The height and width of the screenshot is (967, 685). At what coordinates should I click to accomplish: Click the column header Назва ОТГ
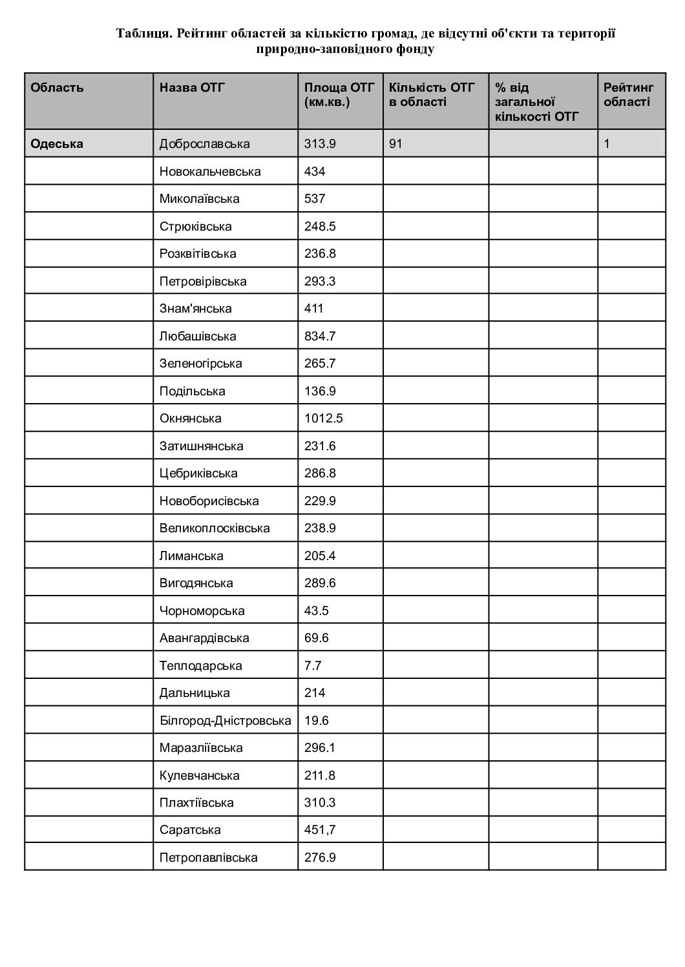click(192, 88)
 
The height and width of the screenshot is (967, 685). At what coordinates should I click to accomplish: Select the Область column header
click(57, 88)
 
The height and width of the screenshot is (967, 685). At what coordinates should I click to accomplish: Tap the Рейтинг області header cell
click(628, 95)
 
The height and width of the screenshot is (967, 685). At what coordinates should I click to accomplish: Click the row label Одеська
click(57, 144)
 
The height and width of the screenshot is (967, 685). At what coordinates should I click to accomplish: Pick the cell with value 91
click(395, 144)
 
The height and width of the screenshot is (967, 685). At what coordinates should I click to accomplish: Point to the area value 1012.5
click(323, 419)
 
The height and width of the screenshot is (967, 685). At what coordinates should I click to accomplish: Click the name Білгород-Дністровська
click(225, 721)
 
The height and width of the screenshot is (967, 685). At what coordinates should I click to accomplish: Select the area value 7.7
click(313, 666)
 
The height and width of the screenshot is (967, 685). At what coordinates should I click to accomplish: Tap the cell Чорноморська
click(202, 611)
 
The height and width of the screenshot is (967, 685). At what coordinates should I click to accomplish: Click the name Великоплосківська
click(215, 528)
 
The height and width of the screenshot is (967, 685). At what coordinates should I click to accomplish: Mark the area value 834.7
click(320, 337)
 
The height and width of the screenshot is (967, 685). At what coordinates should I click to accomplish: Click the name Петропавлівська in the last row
click(208, 858)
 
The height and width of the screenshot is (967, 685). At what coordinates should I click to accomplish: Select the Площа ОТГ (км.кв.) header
click(339, 95)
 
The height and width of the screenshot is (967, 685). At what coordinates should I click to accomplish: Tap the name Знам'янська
click(195, 309)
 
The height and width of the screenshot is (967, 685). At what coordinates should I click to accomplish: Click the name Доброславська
click(204, 144)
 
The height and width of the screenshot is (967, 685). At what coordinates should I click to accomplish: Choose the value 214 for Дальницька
click(315, 693)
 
